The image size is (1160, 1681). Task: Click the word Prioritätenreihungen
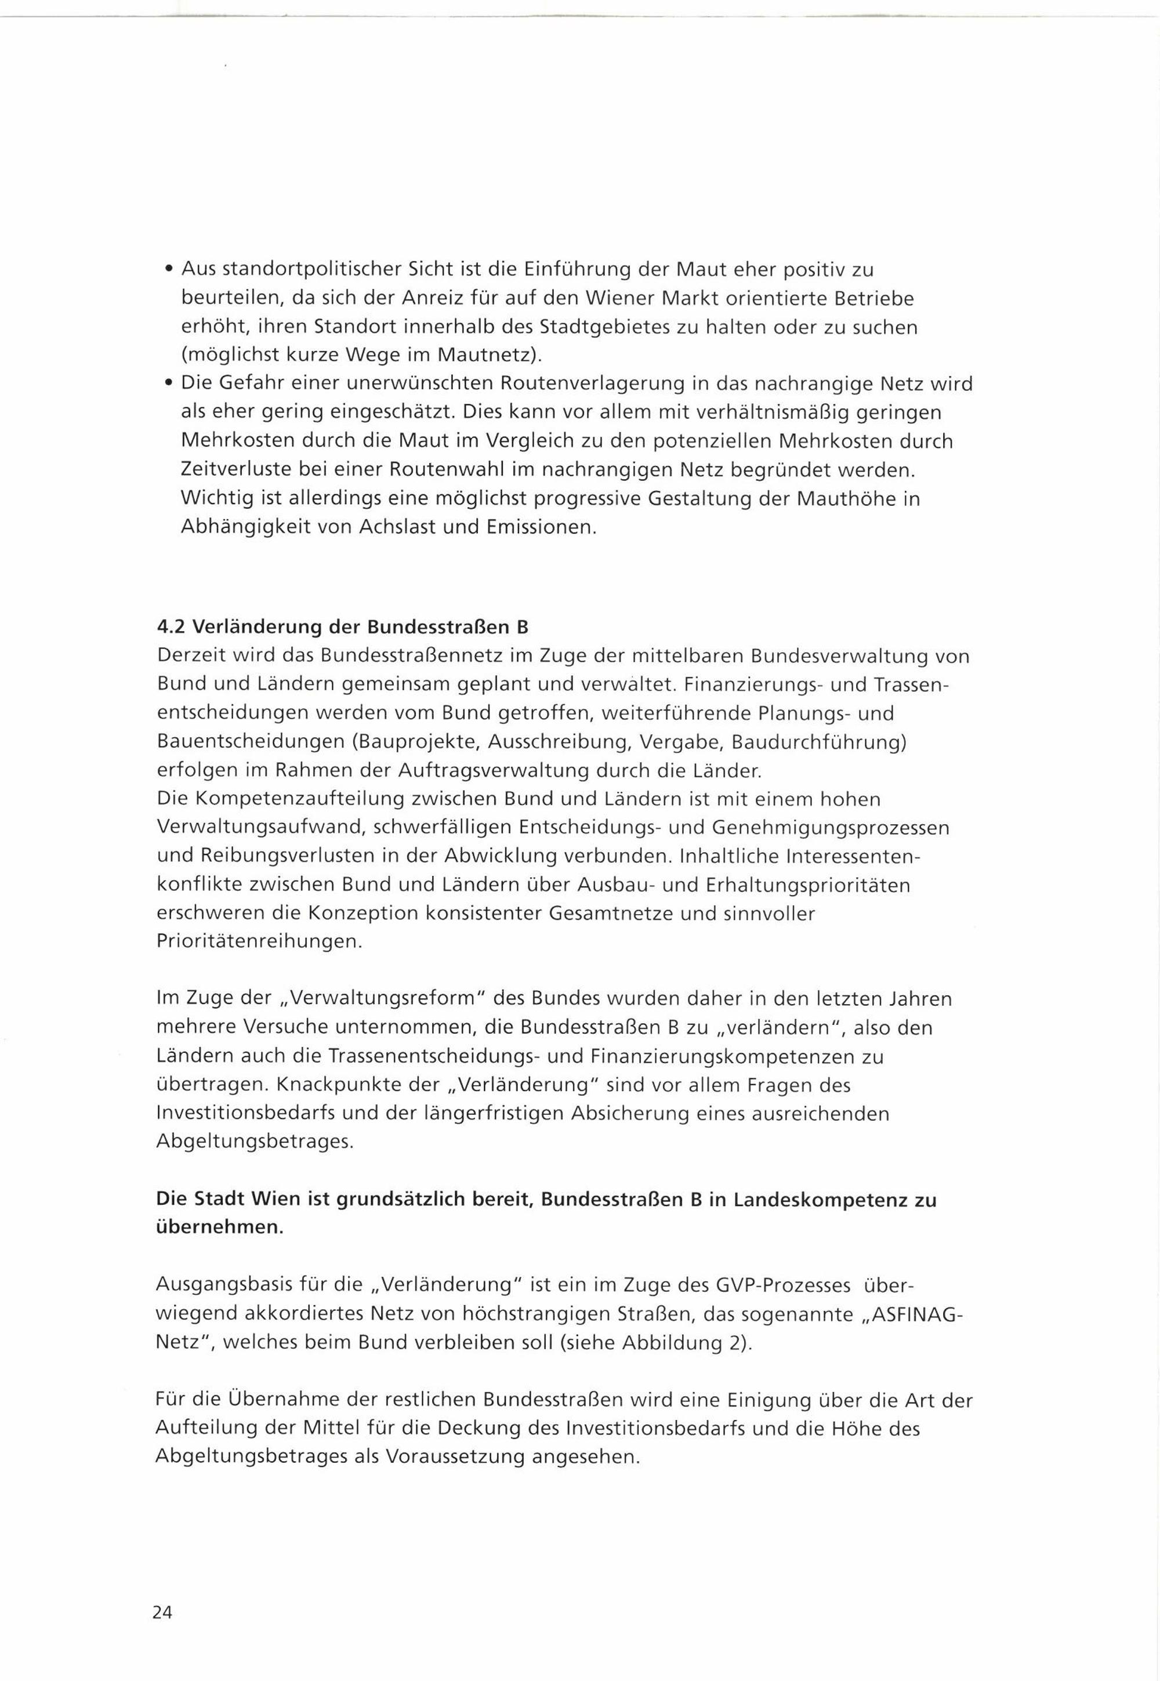tap(259, 942)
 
